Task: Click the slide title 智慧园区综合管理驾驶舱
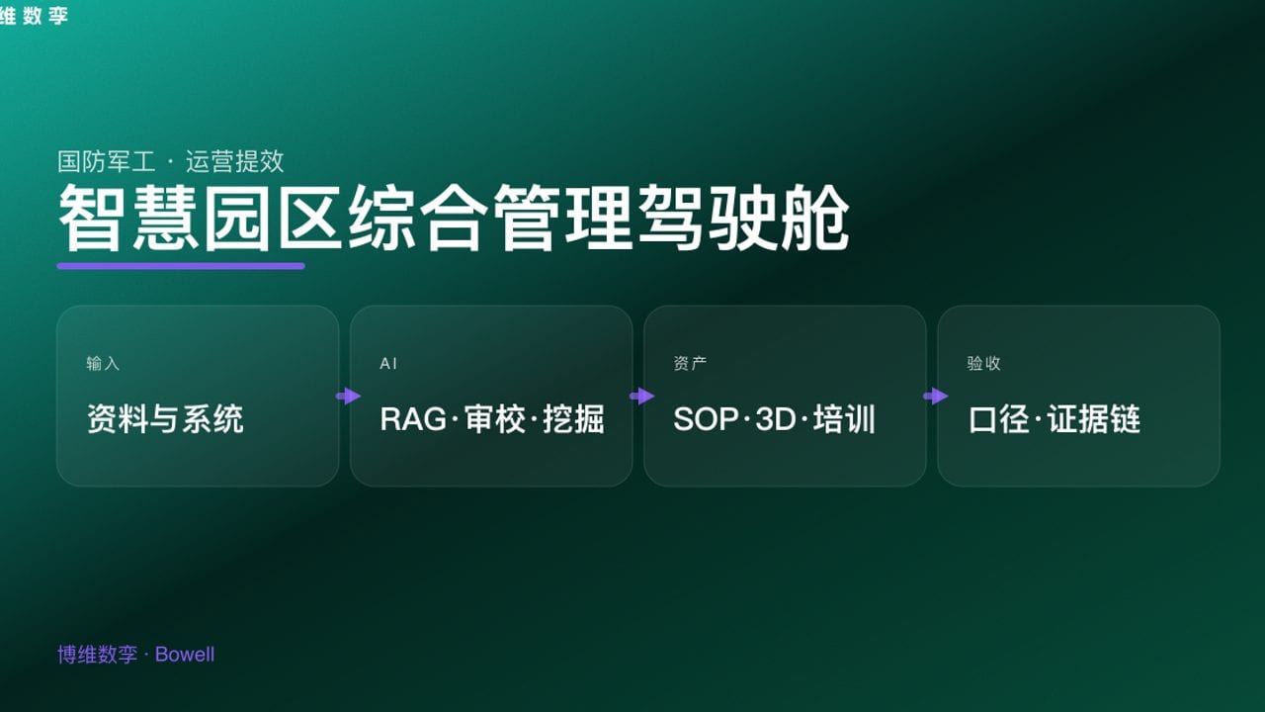tap(454, 219)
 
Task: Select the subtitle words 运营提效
tap(234, 161)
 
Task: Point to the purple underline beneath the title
tap(181, 265)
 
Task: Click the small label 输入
tap(103, 364)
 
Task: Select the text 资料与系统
tap(165, 419)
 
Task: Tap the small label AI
tap(388, 364)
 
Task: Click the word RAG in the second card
tap(413, 419)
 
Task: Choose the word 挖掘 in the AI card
tap(573, 419)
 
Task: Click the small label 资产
tap(690, 364)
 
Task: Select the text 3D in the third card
tap(775, 419)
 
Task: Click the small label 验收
tap(983, 364)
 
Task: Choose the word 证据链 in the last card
tap(1094, 419)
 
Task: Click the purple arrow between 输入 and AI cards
tap(348, 397)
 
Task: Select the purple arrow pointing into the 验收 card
tap(935, 397)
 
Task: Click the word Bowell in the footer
tap(185, 655)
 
